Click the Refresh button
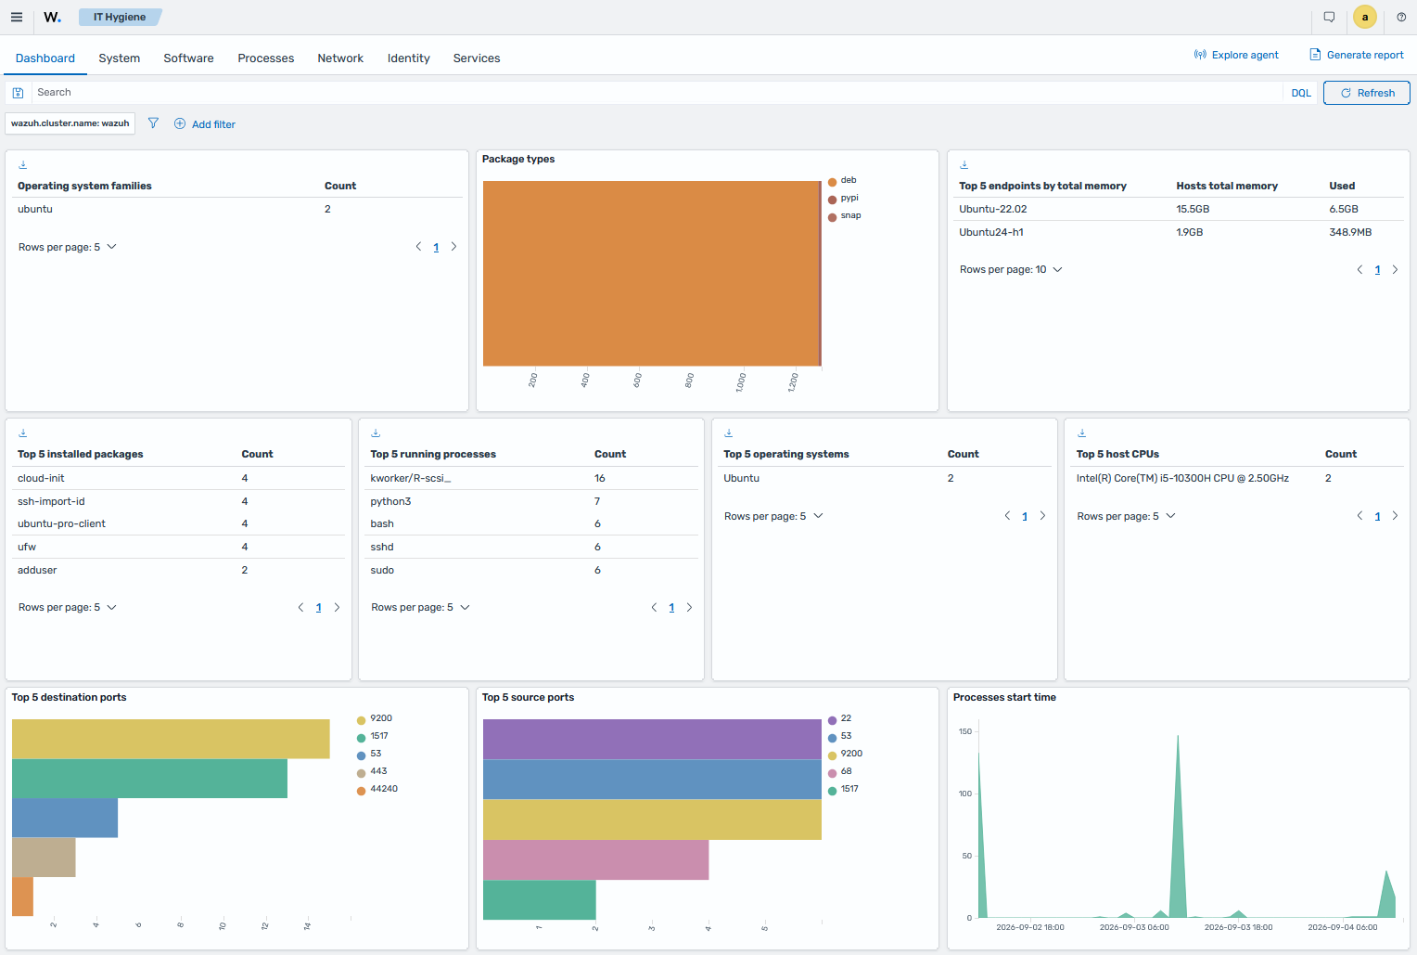pyautogui.click(x=1366, y=93)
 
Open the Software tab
pyautogui.click(x=188, y=58)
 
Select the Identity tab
pyautogui.click(x=409, y=58)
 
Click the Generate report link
pyautogui.click(x=1357, y=55)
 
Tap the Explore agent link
pyautogui.click(x=1236, y=55)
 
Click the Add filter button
pyautogui.click(x=204, y=124)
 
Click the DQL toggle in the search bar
pyautogui.click(x=1300, y=93)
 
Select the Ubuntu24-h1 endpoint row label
pyautogui.click(x=990, y=232)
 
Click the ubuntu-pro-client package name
pyautogui.click(x=61, y=523)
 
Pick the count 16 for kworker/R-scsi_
pyautogui.click(x=600, y=478)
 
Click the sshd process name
pyautogui.click(x=382, y=547)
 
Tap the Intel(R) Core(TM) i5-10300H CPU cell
pyautogui.click(x=1182, y=478)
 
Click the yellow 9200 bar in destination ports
pyautogui.click(x=171, y=739)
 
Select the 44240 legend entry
pyautogui.click(x=377, y=789)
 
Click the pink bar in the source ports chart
pyautogui.click(x=596, y=860)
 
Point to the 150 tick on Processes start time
pyautogui.click(x=965, y=731)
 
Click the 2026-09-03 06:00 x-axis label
pyautogui.click(x=1134, y=927)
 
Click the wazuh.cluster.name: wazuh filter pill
pyautogui.click(x=70, y=123)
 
